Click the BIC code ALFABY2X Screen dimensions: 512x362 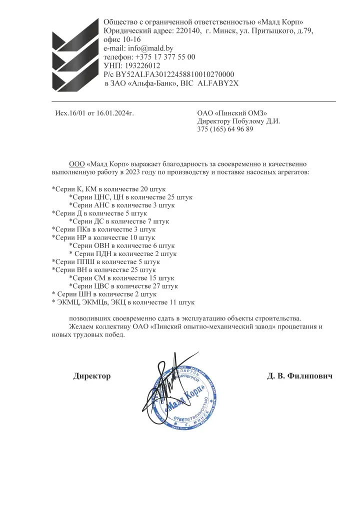click(218, 83)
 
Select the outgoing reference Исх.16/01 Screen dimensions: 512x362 click(71, 113)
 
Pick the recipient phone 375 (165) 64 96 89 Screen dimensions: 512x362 click(225, 129)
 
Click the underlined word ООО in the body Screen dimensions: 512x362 click(76, 164)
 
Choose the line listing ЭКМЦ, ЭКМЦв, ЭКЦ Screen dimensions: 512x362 click(123, 302)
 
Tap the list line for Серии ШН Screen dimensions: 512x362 click(97, 294)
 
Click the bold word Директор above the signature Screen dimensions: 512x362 click(92, 375)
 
